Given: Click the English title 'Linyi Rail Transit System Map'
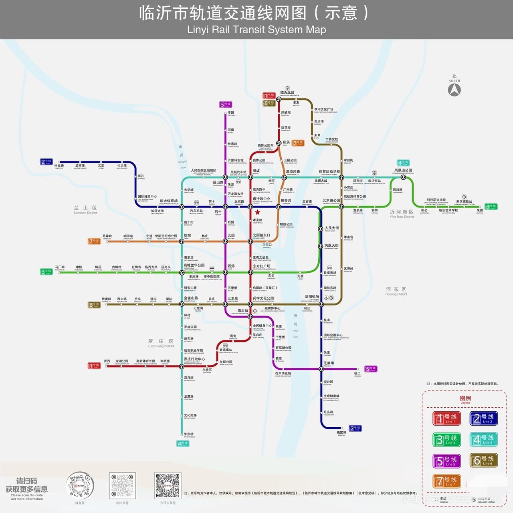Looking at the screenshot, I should coord(256,30).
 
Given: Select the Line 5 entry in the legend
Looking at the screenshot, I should coord(447,461).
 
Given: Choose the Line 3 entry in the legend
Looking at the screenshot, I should coord(447,439).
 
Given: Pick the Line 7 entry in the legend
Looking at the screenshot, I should coord(447,481).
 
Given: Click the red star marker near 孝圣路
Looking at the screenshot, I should coord(257,212).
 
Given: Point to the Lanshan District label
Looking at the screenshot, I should coord(85,210).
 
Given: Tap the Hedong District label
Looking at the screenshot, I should coord(396,291).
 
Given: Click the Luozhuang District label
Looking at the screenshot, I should coord(161,343).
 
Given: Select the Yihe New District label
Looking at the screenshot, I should coord(402,214).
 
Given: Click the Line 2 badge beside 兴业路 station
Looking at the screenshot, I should coord(46,162).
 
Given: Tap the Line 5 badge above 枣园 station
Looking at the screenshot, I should coord(226,105).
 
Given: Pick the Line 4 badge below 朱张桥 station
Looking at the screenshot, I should coord(183,443).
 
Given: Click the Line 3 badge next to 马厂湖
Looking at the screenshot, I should coord(46,272).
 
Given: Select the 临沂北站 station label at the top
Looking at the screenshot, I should coord(287,93).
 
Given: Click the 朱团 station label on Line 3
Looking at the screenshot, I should coord(480,211).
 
